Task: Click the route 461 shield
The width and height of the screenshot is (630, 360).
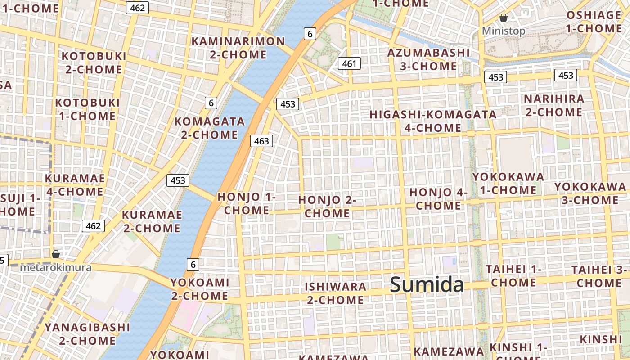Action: (349, 64)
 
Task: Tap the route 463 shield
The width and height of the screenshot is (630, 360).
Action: (261, 141)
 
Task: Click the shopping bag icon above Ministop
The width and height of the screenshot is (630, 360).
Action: (504, 18)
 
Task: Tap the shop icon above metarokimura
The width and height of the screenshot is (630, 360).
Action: (56, 254)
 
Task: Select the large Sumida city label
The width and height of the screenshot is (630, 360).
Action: (427, 285)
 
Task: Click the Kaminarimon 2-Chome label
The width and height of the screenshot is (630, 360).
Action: (238, 48)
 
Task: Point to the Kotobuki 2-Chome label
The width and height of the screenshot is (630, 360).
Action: (94, 63)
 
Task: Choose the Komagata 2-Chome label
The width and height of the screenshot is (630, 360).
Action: (210, 128)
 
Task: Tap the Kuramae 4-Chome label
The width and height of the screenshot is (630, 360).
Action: (75, 185)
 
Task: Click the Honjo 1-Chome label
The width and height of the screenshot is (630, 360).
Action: (247, 203)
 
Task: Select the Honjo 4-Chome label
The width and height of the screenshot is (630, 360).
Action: (438, 199)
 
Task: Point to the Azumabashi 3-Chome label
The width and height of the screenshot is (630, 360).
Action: (428, 59)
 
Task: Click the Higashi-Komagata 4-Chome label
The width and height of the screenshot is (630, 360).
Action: (433, 121)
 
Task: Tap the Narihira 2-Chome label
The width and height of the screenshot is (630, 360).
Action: (554, 105)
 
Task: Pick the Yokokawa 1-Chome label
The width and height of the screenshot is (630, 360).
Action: (508, 184)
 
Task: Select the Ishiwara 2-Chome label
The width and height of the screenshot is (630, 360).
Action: (335, 293)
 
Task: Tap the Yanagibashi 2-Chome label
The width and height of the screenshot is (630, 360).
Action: (87, 333)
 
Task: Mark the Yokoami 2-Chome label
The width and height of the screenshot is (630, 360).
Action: (199, 289)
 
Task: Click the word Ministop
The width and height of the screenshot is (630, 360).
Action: (504, 31)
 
